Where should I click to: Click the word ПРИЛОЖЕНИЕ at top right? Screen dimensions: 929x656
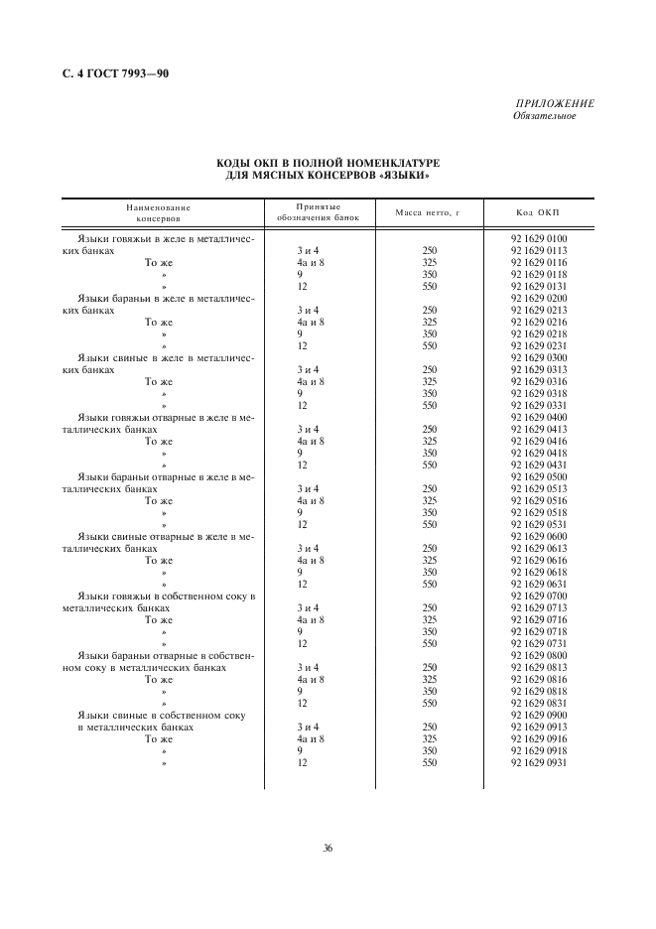[x=555, y=104]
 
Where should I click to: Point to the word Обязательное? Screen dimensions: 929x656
[x=544, y=116]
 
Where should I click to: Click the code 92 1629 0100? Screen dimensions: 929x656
[x=538, y=238]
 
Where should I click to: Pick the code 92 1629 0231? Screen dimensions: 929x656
[x=538, y=345]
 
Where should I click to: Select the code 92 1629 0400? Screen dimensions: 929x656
[x=538, y=417]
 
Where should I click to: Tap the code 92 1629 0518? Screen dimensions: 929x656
[x=538, y=512]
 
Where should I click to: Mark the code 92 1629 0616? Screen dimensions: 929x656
[x=538, y=560]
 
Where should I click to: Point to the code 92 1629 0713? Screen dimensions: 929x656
[x=538, y=607]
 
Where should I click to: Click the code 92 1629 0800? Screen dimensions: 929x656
[x=538, y=655]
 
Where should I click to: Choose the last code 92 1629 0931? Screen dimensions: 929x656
[x=538, y=762]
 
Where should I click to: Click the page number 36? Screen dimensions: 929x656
[x=328, y=848]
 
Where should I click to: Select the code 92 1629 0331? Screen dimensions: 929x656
[x=538, y=405]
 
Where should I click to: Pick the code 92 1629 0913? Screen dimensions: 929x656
[x=538, y=727]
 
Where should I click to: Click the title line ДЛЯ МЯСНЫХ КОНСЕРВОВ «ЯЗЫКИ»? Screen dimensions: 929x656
[x=328, y=176]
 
